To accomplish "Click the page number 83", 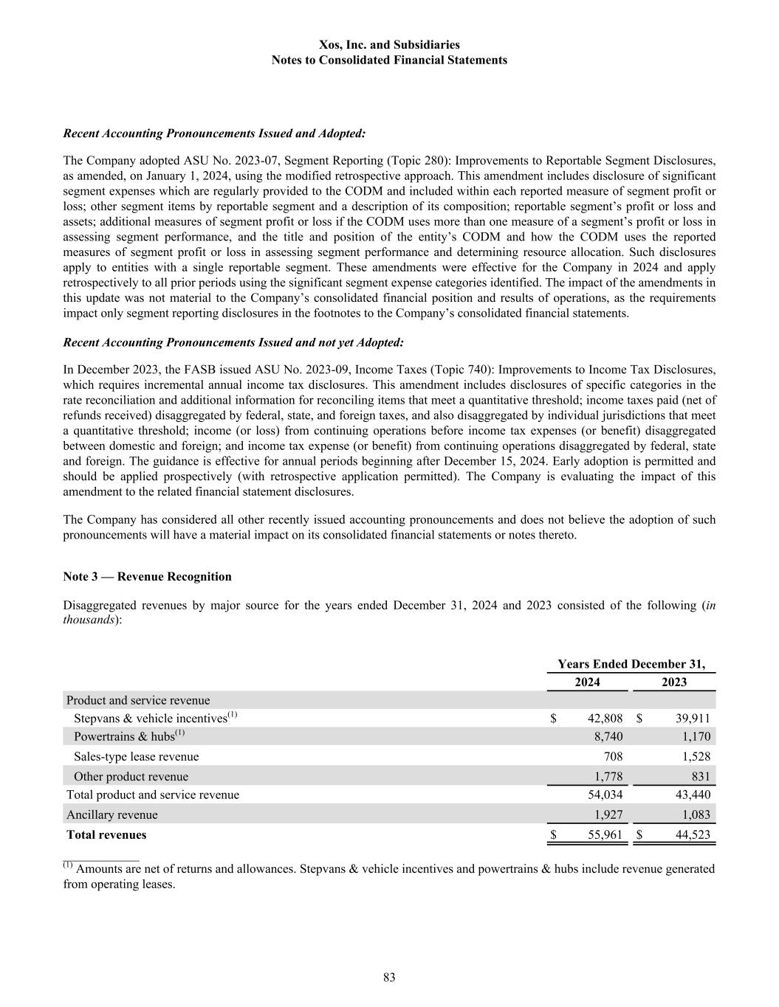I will tap(389, 977).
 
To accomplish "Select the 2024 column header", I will tap(587, 682).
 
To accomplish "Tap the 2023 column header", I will tap(674, 682).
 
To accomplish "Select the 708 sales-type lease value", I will tap(613, 756).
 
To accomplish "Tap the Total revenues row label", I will tap(106, 835).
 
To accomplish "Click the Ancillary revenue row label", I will tap(111, 815).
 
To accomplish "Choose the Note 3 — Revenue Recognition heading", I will tap(147, 577).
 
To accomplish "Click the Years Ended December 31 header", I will tap(631, 664).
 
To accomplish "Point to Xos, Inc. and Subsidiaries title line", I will tap(389, 45).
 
